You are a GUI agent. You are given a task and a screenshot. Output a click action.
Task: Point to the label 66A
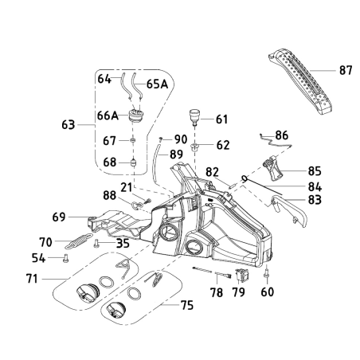point(108,116)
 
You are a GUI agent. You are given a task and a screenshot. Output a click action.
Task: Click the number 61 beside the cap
point(221,120)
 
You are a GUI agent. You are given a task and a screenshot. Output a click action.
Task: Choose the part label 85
point(315,170)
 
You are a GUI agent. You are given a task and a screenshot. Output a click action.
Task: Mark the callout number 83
point(315,200)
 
